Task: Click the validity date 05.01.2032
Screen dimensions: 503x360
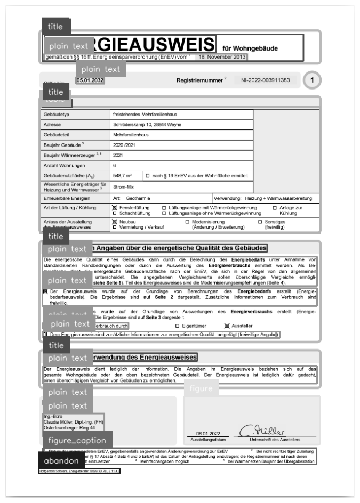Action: click(x=90, y=80)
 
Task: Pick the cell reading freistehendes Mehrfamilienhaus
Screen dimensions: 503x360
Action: click(x=145, y=115)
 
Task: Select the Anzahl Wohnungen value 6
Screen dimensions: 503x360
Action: click(x=115, y=165)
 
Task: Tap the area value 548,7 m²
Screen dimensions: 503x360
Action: click(x=122, y=175)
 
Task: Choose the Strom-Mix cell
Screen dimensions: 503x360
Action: click(x=124, y=187)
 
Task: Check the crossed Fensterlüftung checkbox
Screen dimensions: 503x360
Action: click(x=114, y=207)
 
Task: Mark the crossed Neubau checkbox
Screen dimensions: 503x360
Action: click(x=114, y=221)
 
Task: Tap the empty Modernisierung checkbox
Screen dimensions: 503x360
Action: click(x=187, y=221)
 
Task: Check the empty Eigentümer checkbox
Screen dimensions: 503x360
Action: click(x=177, y=326)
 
